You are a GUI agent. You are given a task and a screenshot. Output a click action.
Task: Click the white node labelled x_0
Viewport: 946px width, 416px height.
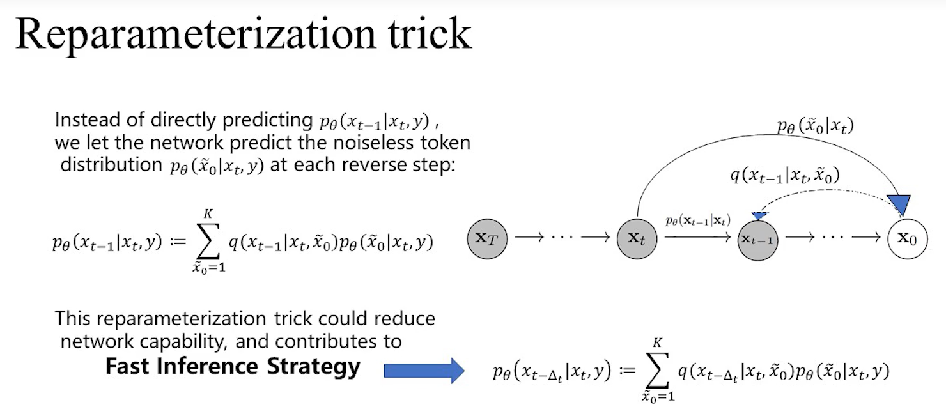907,239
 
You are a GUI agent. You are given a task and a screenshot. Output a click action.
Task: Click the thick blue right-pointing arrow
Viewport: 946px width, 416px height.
424,369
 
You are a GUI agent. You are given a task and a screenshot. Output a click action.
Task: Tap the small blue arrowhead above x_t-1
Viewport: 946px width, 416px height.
759,217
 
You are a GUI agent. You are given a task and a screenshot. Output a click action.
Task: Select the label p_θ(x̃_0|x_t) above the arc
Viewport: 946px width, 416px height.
815,126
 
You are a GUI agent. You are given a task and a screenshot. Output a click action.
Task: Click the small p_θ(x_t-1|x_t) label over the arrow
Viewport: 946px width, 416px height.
697,221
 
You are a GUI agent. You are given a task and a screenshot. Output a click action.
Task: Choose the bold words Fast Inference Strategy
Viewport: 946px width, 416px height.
233,366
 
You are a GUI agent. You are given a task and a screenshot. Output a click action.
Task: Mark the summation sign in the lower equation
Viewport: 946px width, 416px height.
659,372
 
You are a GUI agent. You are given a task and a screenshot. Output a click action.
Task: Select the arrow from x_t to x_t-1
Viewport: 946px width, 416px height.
697,238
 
